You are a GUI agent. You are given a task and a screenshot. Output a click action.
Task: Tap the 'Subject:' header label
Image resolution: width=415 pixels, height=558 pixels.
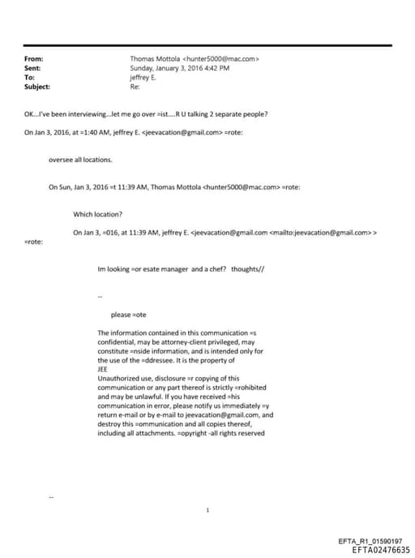click(x=37, y=86)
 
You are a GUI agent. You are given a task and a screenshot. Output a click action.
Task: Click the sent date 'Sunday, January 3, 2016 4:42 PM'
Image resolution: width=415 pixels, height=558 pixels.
click(x=179, y=68)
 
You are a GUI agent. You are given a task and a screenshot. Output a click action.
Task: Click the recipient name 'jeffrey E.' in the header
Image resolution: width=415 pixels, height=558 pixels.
click(x=143, y=77)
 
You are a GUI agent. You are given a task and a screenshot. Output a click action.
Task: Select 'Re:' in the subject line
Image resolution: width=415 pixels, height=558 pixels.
click(x=135, y=86)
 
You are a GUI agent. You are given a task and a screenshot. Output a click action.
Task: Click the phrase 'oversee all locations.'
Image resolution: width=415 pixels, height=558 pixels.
click(x=80, y=159)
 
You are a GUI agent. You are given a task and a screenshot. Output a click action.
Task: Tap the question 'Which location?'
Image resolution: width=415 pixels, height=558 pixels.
click(x=97, y=214)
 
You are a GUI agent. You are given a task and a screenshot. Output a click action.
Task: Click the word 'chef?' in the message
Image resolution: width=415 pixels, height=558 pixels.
click(x=216, y=268)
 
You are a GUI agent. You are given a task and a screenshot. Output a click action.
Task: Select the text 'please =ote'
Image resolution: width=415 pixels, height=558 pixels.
click(x=128, y=315)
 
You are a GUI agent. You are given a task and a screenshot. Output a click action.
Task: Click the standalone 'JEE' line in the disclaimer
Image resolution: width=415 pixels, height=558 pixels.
click(x=102, y=368)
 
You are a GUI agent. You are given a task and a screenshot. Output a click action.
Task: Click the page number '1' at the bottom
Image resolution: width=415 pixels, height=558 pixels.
click(x=208, y=509)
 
